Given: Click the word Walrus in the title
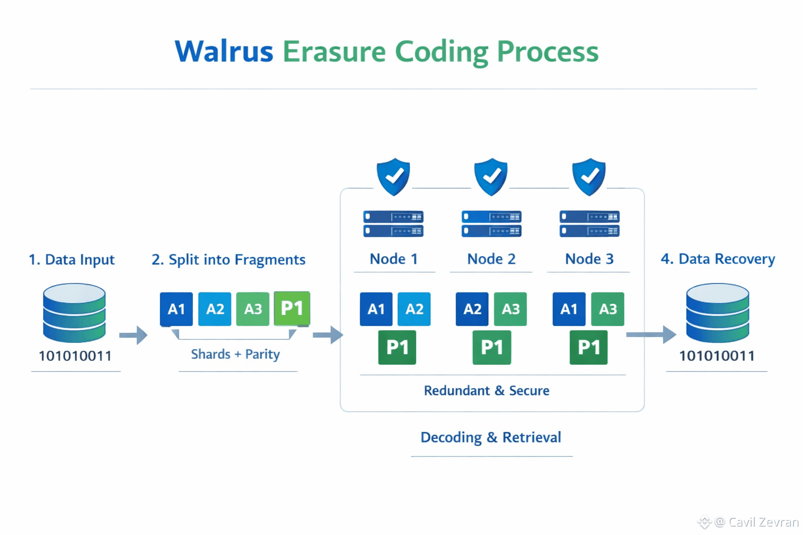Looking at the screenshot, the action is tap(224, 52).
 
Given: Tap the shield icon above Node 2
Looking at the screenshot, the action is tap(491, 177).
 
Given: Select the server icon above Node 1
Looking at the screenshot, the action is tap(393, 224).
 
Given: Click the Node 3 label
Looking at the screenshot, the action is tap(589, 259).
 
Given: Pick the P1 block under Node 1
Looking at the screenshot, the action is tap(397, 347).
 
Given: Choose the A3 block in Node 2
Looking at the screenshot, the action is tap(510, 309).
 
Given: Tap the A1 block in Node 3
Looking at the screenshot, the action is tap(569, 309).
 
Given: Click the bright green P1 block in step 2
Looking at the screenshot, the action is tap(292, 308).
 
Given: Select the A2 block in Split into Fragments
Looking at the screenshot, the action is tap(215, 309).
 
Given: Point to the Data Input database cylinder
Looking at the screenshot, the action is tap(74, 312).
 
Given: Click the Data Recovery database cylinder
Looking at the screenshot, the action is tap(717, 312).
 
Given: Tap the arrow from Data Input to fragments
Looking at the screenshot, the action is tap(133, 335).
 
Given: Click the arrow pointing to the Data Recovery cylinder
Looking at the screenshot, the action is tap(651, 335).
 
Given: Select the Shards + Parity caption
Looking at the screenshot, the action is tap(235, 354).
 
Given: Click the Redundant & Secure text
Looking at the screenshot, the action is tap(487, 390).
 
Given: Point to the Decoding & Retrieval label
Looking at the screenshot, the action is tap(491, 437).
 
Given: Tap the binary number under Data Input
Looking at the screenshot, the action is tap(75, 356).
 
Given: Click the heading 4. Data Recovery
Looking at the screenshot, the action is tap(718, 259).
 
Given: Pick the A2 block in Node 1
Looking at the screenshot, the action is tap(414, 309).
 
